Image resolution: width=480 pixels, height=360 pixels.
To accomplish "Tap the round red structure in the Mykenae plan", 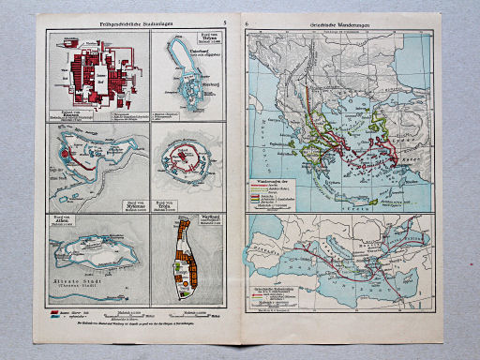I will (x=64, y=151).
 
